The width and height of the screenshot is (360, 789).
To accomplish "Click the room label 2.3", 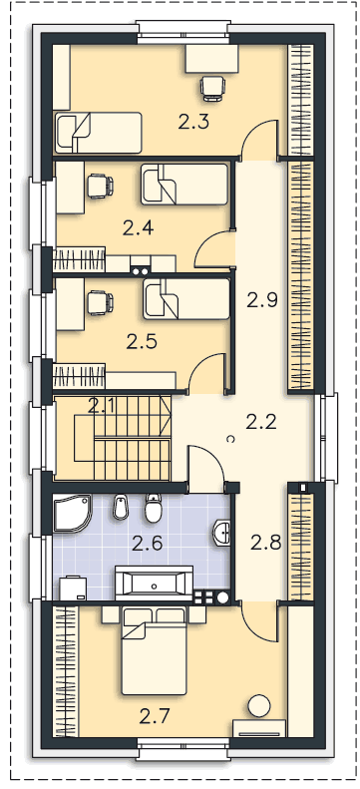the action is (193, 122).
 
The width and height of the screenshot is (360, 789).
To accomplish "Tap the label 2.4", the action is (139, 229).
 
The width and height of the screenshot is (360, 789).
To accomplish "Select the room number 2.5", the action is (142, 342).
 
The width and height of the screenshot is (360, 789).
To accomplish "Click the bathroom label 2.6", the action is (148, 543).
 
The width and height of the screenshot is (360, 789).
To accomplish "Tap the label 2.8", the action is (265, 543).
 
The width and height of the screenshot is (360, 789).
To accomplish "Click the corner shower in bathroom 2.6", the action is (73, 514).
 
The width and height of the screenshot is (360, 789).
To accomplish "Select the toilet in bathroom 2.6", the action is (153, 508).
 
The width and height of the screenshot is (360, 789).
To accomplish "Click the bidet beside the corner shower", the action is (121, 507).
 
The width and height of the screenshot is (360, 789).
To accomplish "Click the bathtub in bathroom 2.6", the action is (154, 584).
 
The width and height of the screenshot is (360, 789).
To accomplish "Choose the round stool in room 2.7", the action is (260, 706).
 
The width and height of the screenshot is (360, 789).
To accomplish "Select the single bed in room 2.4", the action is (184, 185).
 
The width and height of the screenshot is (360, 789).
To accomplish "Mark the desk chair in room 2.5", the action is (100, 303).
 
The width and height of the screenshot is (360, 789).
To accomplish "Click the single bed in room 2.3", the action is (98, 133).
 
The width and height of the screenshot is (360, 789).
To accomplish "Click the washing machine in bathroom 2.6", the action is (73, 589).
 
